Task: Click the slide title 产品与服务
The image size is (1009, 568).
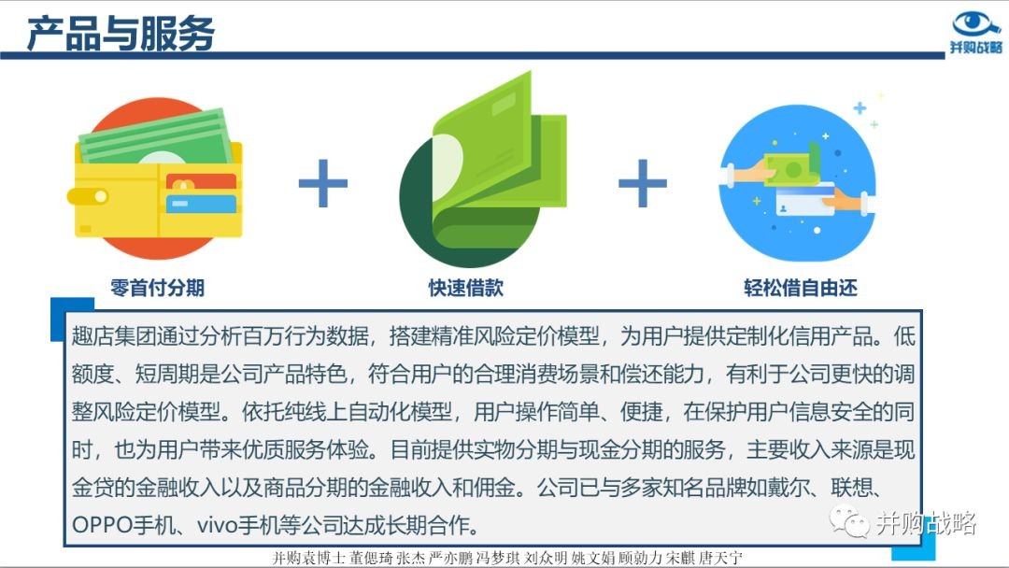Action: pos(121,34)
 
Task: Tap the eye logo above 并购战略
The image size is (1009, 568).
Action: pos(975,24)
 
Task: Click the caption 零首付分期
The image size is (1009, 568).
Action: pos(158,288)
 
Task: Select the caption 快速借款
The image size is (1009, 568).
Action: pos(466,288)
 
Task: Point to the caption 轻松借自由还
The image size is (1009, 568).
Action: pos(801,288)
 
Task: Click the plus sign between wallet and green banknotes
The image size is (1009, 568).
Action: pos(323,183)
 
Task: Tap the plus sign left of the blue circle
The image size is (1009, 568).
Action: pos(642,183)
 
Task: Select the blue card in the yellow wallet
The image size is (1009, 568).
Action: pos(201,204)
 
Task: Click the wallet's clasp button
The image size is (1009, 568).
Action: pos(101,195)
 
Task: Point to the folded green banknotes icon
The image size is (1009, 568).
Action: pos(483,169)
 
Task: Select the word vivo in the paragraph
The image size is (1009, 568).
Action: pos(217,526)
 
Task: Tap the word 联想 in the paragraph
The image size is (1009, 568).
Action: pos(852,488)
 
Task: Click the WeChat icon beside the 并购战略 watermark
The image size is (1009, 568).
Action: pos(849,521)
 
